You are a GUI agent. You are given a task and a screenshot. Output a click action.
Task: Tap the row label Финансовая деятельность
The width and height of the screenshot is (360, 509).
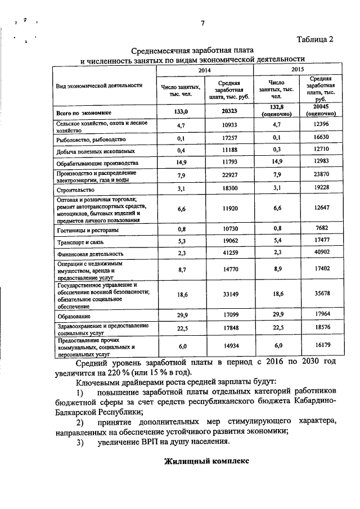89,254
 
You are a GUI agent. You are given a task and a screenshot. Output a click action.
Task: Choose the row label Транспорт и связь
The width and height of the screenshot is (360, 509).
82,242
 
